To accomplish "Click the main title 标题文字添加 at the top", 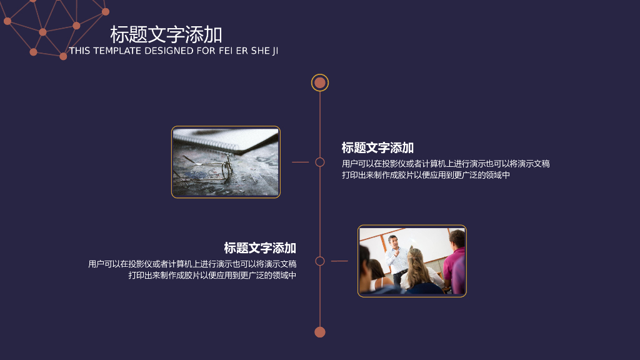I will (166, 34).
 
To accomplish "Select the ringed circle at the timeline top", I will (320, 82).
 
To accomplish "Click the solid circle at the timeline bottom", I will (320, 332).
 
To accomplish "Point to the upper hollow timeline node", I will (320, 162).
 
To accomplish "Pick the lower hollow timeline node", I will (320, 261).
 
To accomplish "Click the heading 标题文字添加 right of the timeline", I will (377, 148).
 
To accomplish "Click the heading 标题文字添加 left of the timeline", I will (260, 248).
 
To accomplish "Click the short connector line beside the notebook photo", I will (301, 162).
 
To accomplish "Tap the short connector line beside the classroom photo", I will (339, 261).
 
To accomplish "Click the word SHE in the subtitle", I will (260, 51).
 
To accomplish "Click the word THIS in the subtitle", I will (79, 51).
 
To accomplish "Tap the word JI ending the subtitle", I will (275, 51).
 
